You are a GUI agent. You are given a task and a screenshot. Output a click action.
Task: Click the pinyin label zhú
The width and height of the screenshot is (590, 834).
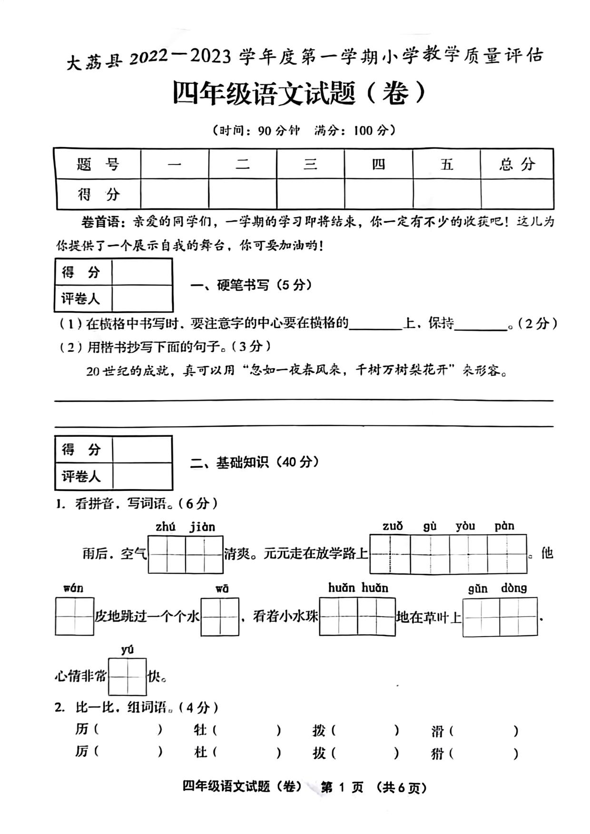165,527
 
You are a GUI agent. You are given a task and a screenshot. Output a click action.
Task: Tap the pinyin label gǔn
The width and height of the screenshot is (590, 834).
477,589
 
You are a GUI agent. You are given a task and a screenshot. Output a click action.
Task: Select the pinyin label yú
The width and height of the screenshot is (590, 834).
127,649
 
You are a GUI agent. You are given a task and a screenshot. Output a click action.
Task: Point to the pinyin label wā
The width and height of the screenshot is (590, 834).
222,589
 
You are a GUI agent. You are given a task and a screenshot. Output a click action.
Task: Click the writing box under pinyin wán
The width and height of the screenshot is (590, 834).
74,617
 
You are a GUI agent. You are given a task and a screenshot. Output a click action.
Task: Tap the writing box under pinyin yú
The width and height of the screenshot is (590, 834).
127,677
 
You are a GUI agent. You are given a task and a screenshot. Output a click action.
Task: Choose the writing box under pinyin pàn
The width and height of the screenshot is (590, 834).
507,554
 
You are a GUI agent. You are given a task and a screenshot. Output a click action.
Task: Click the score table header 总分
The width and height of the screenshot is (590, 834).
517,164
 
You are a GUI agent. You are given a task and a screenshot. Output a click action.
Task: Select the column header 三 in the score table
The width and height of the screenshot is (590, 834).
310,164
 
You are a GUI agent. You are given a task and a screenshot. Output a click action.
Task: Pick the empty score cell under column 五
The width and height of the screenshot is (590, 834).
446,194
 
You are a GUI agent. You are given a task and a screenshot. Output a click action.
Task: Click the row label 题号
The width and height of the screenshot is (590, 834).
98,164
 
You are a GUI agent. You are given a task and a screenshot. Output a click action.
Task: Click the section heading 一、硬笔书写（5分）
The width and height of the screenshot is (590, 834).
251,285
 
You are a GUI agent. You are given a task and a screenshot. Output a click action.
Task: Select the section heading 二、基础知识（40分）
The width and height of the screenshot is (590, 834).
255,462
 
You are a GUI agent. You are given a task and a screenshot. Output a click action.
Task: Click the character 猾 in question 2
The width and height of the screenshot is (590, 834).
437,754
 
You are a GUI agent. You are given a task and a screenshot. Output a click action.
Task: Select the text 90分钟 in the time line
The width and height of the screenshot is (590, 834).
279,130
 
